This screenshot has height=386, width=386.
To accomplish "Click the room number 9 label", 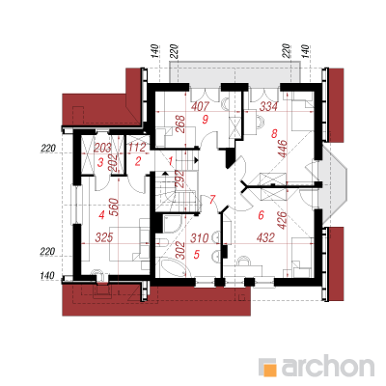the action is point(206,120).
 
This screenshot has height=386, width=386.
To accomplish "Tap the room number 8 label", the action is point(274,133).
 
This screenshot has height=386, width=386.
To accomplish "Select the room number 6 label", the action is point(261,214).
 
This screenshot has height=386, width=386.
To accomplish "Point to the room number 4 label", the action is point(101,214).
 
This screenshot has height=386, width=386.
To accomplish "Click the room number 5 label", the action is point(197,255).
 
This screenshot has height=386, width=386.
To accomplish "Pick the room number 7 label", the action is point(211,200).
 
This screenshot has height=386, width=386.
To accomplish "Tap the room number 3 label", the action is point(100,162).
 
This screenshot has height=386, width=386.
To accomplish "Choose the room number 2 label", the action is point(138,161).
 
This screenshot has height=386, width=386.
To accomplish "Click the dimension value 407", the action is point(200,106).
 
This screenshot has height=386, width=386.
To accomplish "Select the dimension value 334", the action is point(268,106).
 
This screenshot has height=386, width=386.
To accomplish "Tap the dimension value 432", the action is point(265,237).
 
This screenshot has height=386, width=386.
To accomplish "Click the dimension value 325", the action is point(104,237).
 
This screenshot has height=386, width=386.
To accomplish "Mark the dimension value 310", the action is point(200,238).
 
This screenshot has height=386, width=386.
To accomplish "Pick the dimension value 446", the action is point(283,148).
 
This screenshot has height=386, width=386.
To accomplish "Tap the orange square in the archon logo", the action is point(268,368).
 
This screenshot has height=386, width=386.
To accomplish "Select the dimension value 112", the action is point(137,148).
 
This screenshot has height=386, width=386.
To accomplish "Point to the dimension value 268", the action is point(180,124).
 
